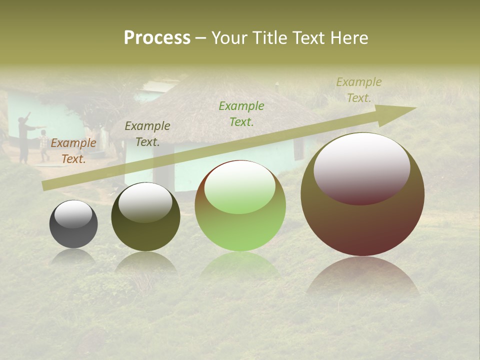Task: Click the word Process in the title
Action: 157,38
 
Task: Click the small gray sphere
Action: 73,232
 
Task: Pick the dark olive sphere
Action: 145,230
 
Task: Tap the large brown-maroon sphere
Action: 362,225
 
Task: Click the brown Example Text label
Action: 73,151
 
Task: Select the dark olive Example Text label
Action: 147,134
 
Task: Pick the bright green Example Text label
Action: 241,113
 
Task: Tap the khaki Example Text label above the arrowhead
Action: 358,90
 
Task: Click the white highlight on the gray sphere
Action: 73,214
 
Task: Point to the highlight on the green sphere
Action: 240,187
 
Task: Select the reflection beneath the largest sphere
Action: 362,277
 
